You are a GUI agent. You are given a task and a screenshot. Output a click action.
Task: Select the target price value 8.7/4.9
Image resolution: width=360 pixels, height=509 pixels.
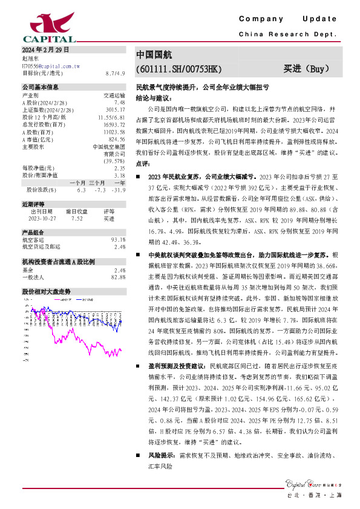point(115,73)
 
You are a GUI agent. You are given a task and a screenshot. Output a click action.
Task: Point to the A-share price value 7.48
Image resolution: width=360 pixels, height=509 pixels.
point(119,103)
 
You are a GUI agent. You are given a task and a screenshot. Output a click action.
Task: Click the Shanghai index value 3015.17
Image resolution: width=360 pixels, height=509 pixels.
point(116,110)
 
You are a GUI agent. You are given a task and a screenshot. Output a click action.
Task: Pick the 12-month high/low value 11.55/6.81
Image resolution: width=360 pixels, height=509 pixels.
point(112,117)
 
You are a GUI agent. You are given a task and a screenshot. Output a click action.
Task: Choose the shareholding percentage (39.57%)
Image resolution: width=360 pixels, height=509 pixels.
point(115,160)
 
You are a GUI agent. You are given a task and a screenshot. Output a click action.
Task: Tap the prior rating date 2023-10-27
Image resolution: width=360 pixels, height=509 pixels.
point(42,218)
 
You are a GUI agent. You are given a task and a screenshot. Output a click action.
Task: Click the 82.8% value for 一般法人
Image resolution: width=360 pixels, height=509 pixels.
point(118,277)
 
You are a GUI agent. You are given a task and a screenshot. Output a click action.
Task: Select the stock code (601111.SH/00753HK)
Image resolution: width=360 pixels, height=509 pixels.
point(179,70)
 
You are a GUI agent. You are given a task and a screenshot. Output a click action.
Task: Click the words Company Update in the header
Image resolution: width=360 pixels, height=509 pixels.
point(287,19)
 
